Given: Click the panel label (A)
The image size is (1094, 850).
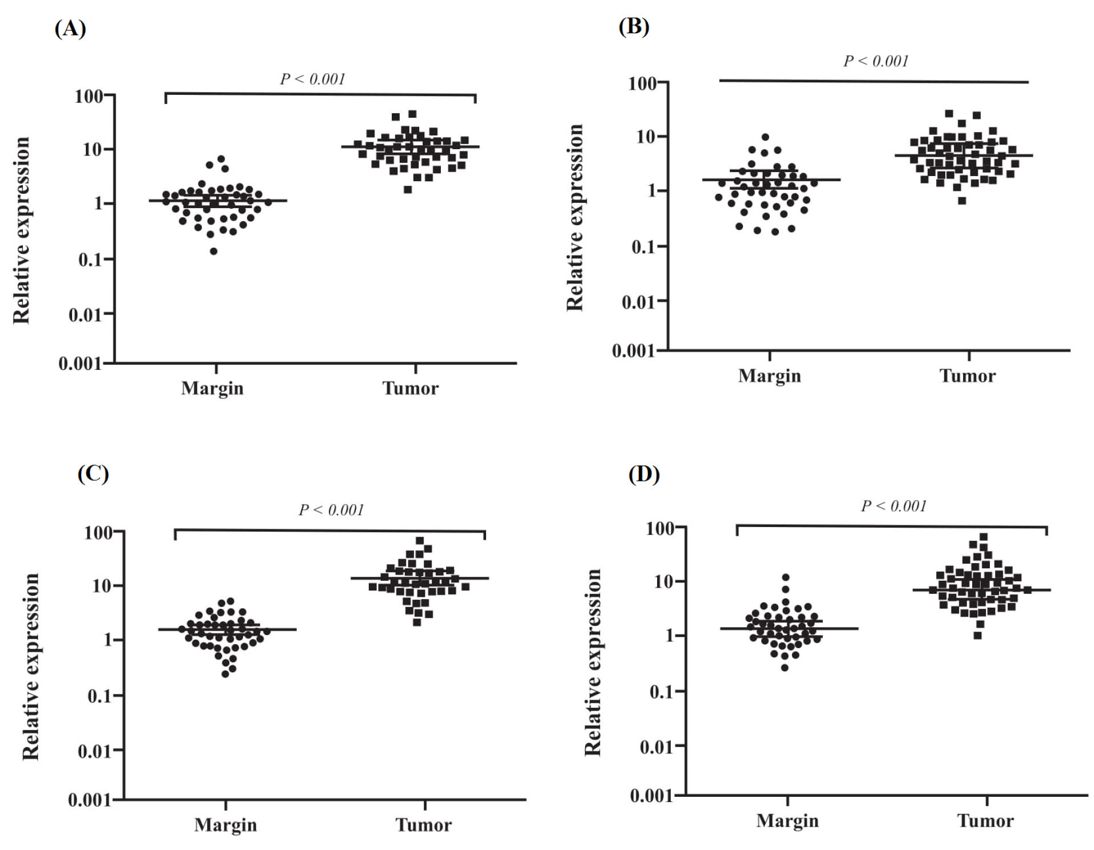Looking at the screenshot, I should click(x=70, y=28).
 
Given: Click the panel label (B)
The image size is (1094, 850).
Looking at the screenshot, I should click(x=634, y=26).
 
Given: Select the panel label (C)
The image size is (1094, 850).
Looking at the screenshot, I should click(x=93, y=473).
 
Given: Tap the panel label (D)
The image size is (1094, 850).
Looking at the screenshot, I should click(x=644, y=474).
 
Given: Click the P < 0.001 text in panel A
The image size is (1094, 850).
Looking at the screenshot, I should click(x=312, y=79).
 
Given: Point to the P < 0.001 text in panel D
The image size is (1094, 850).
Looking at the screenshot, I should click(x=893, y=506).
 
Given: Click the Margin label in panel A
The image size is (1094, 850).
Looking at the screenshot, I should click(x=212, y=388).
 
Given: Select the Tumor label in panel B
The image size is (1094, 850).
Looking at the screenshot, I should click(x=967, y=376).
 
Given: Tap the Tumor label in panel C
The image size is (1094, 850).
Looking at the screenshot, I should click(x=423, y=825).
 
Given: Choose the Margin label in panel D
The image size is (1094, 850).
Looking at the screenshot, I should click(x=787, y=821).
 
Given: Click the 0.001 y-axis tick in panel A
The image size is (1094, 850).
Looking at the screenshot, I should click(x=79, y=364).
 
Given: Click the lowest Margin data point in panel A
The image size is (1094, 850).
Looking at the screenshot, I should click(x=213, y=252).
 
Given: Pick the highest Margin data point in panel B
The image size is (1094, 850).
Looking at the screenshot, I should click(x=765, y=137).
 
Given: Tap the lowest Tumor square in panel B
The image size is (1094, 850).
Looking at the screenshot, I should click(x=962, y=201).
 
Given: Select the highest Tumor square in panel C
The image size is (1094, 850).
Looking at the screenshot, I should click(x=420, y=541).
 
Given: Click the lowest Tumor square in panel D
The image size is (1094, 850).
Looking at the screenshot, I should click(x=977, y=636).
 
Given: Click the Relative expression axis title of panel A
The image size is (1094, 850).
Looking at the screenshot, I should click(x=22, y=230).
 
